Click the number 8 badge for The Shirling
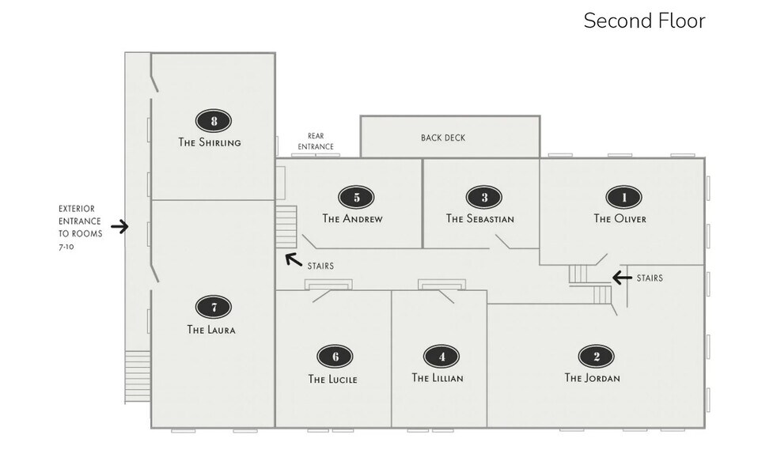[214, 121]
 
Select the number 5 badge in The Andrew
[356, 197]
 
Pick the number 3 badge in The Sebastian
[484, 197]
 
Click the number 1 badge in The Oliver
[623, 197]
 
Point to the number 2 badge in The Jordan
[596, 357]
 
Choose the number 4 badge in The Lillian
[441, 357]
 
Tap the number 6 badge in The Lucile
[335, 357]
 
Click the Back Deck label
[443, 138]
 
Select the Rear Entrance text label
[316, 142]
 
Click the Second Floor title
[644, 21]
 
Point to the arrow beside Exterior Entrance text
[119, 227]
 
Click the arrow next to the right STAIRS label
[622, 278]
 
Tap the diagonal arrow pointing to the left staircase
[293, 258]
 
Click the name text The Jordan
[592, 378]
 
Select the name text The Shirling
[210, 143]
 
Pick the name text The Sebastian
[480, 219]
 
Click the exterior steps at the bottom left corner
[138, 376]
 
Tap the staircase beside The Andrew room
[286, 226]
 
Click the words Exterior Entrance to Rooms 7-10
[80, 227]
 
